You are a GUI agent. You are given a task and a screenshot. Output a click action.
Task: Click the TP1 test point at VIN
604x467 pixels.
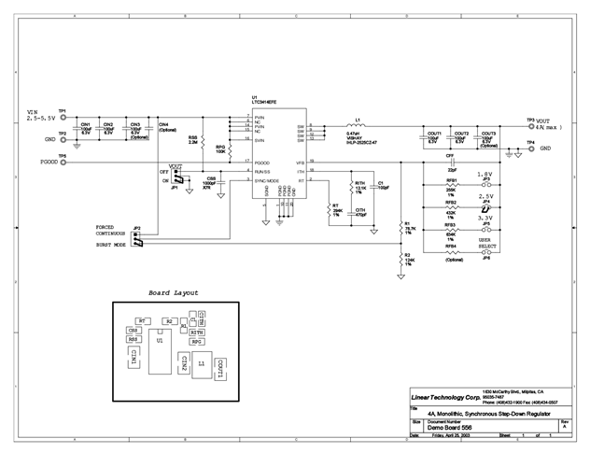tap(63, 115)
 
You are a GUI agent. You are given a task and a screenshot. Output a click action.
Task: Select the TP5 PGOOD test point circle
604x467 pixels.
tap(63, 162)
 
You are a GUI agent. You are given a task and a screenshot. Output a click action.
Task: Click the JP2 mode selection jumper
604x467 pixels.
tap(137, 238)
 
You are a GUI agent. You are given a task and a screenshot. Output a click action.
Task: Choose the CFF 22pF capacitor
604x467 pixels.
tap(451, 163)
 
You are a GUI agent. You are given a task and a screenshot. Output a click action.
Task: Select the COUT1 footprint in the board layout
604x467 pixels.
tap(220, 367)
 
